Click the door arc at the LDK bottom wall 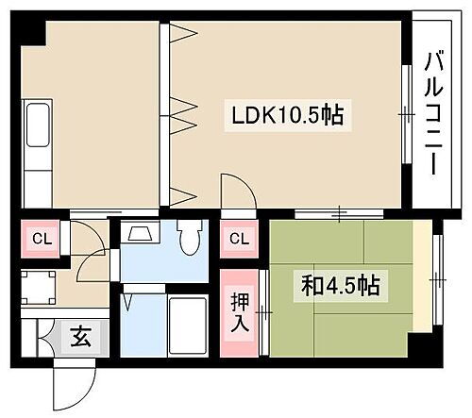(239, 192)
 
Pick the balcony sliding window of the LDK (406, 115)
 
